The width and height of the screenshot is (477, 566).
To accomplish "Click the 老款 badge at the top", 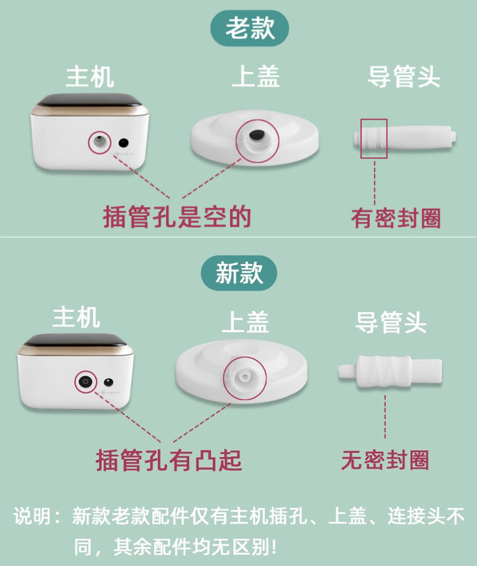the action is click(x=249, y=28).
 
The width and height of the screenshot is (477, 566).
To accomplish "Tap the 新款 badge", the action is click(x=239, y=273).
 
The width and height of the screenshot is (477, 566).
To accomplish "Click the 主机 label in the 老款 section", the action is click(x=90, y=76).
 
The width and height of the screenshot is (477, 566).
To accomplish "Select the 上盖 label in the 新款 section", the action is click(x=245, y=322).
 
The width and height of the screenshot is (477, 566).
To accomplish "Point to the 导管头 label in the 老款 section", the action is click(x=404, y=76).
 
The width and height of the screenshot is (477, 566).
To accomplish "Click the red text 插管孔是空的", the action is click(x=177, y=217).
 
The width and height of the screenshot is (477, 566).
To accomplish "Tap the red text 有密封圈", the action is click(x=396, y=218).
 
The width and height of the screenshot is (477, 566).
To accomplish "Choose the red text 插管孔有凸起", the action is click(x=169, y=460).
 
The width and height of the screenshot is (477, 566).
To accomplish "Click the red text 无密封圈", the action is click(x=385, y=460).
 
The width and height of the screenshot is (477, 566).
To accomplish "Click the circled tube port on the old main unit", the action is click(x=100, y=142).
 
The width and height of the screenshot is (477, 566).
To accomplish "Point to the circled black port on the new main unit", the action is click(x=86, y=381).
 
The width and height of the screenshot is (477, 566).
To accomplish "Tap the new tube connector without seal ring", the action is click(x=390, y=372).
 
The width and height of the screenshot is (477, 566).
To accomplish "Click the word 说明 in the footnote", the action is click(x=32, y=516).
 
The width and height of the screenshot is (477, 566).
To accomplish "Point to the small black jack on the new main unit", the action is click(x=109, y=382).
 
